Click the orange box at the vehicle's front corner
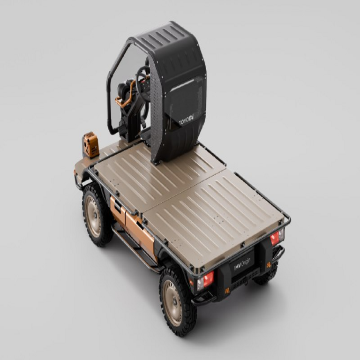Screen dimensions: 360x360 90,145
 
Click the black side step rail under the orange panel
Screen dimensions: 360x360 134,251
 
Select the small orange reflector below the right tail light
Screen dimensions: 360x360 269,265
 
